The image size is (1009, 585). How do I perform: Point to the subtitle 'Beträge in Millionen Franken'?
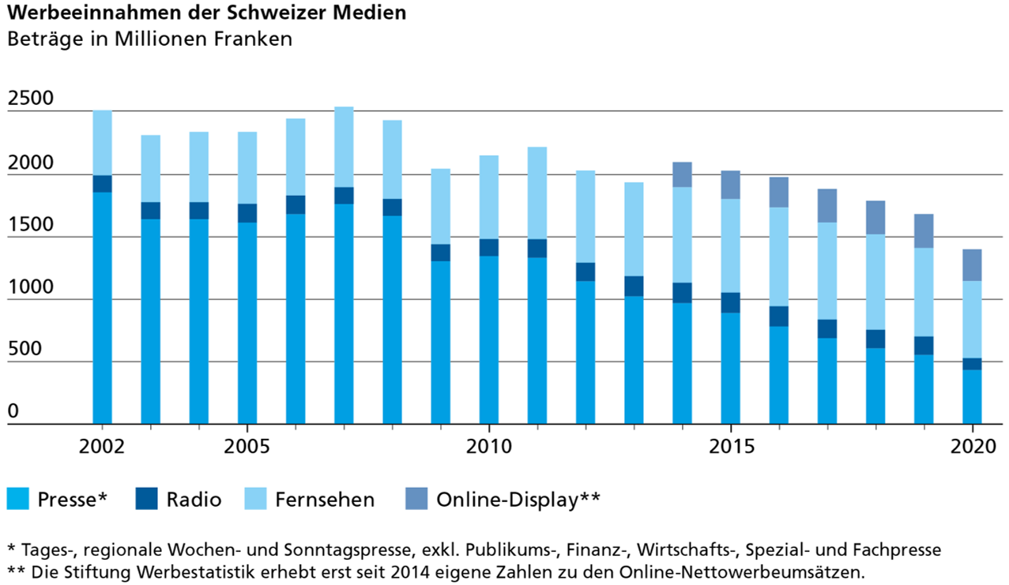click(149, 39)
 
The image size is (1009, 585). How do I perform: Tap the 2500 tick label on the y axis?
click(29, 99)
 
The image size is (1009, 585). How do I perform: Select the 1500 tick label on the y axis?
click(29, 225)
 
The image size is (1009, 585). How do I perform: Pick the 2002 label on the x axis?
click(102, 446)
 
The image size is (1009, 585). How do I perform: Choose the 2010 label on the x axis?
click(489, 446)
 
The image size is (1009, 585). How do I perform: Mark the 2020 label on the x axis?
click(972, 446)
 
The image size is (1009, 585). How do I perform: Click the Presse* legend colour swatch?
click(18, 499)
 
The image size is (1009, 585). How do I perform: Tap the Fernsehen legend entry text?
click(325, 500)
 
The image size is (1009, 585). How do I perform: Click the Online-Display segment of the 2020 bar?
click(972, 265)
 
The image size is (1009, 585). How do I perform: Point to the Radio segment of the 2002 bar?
click(102, 183)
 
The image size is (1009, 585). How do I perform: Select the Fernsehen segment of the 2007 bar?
click(344, 147)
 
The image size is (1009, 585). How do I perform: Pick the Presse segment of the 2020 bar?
click(972, 396)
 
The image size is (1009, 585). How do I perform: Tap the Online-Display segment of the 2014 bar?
click(682, 174)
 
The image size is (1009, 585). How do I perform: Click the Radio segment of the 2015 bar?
click(730, 302)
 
